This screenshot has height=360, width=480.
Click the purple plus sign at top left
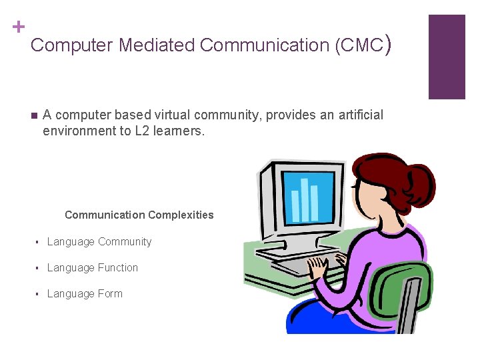coord(18,27)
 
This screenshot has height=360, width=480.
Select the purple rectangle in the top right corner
coord(446,57)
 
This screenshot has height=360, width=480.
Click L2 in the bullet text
coord(142,131)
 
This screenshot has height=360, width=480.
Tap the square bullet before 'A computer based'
coord(34,115)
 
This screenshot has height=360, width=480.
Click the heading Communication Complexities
coord(139,215)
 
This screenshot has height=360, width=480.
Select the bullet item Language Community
coord(99,241)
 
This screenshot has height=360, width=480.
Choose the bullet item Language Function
coord(93,267)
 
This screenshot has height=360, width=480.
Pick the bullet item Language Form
coord(85,293)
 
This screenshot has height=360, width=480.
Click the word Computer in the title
coord(72,45)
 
